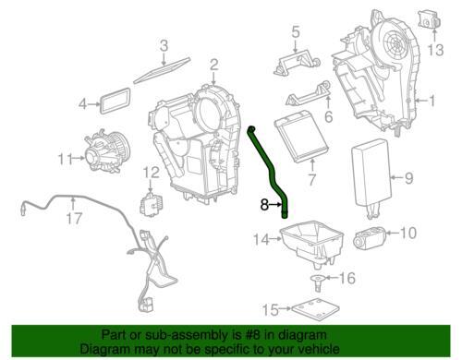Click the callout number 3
164,46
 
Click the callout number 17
74,219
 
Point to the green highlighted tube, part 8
271,173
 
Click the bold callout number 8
264,204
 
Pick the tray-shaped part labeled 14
311,242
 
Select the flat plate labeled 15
315,309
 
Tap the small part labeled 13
429,18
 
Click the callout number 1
432,101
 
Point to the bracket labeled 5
297,63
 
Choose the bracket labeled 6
308,95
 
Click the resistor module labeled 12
152,203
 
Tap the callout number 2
213,65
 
